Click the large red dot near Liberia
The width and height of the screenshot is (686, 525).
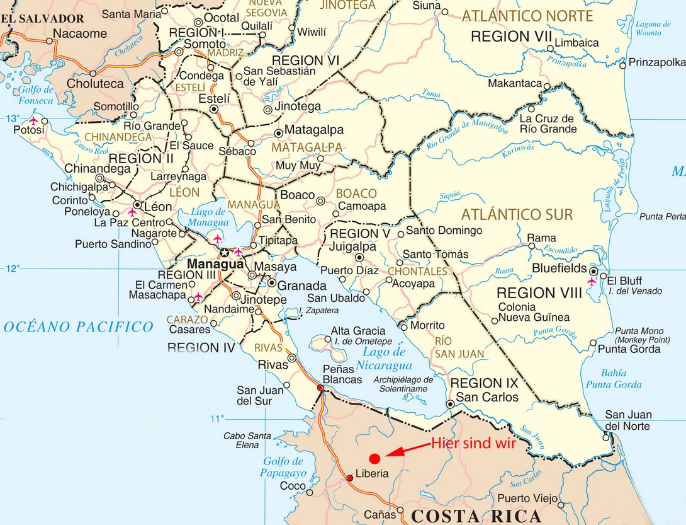coord(374,458)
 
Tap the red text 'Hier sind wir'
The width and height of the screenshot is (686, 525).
coord(473,443)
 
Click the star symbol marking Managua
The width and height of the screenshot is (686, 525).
coord(225,253)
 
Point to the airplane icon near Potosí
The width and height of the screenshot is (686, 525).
coord(33,120)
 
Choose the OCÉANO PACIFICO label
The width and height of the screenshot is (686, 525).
coord(78,326)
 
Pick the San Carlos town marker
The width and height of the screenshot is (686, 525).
coord(450,404)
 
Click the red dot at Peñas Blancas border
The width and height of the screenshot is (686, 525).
coord(320,388)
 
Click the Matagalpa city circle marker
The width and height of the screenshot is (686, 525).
coord(278,133)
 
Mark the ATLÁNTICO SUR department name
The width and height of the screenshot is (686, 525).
coord(517,214)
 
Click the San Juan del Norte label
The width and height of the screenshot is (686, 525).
coord(628,420)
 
